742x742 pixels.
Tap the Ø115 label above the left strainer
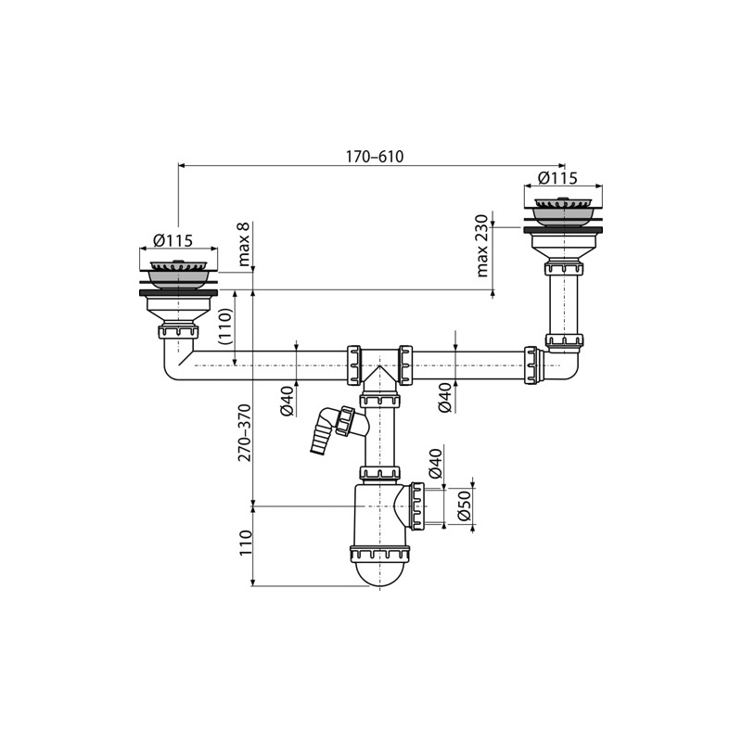coord(173,240)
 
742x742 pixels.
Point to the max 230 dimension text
coord(482,246)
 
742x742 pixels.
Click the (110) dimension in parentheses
coord(223,326)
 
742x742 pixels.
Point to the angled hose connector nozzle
coord(321,435)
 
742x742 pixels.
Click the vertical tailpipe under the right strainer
coord(564,301)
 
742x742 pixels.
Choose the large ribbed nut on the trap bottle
coord(380,556)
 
